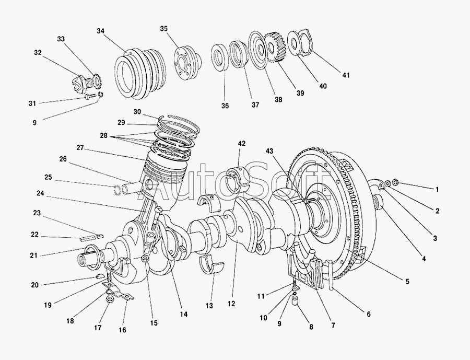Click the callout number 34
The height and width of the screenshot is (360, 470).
click(x=100, y=31)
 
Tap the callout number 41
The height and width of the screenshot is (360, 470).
click(x=346, y=75)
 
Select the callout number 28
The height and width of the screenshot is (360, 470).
click(x=103, y=136)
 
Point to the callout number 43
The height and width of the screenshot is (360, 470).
click(x=269, y=151)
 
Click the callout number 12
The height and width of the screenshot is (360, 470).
click(x=231, y=304)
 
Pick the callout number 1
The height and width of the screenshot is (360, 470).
click(x=437, y=190)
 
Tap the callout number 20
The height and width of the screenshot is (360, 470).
click(x=35, y=285)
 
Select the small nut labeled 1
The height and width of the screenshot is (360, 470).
click(x=395, y=182)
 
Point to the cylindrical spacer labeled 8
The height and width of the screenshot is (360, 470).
click(x=296, y=300)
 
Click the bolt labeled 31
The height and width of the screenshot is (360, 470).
click(x=90, y=97)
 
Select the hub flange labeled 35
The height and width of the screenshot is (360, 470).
click(x=187, y=62)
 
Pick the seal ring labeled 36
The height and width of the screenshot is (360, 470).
click(x=220, y=57)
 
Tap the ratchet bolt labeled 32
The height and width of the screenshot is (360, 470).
click(x=80, y=82)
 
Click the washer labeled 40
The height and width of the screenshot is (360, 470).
click(x=293, y=43)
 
